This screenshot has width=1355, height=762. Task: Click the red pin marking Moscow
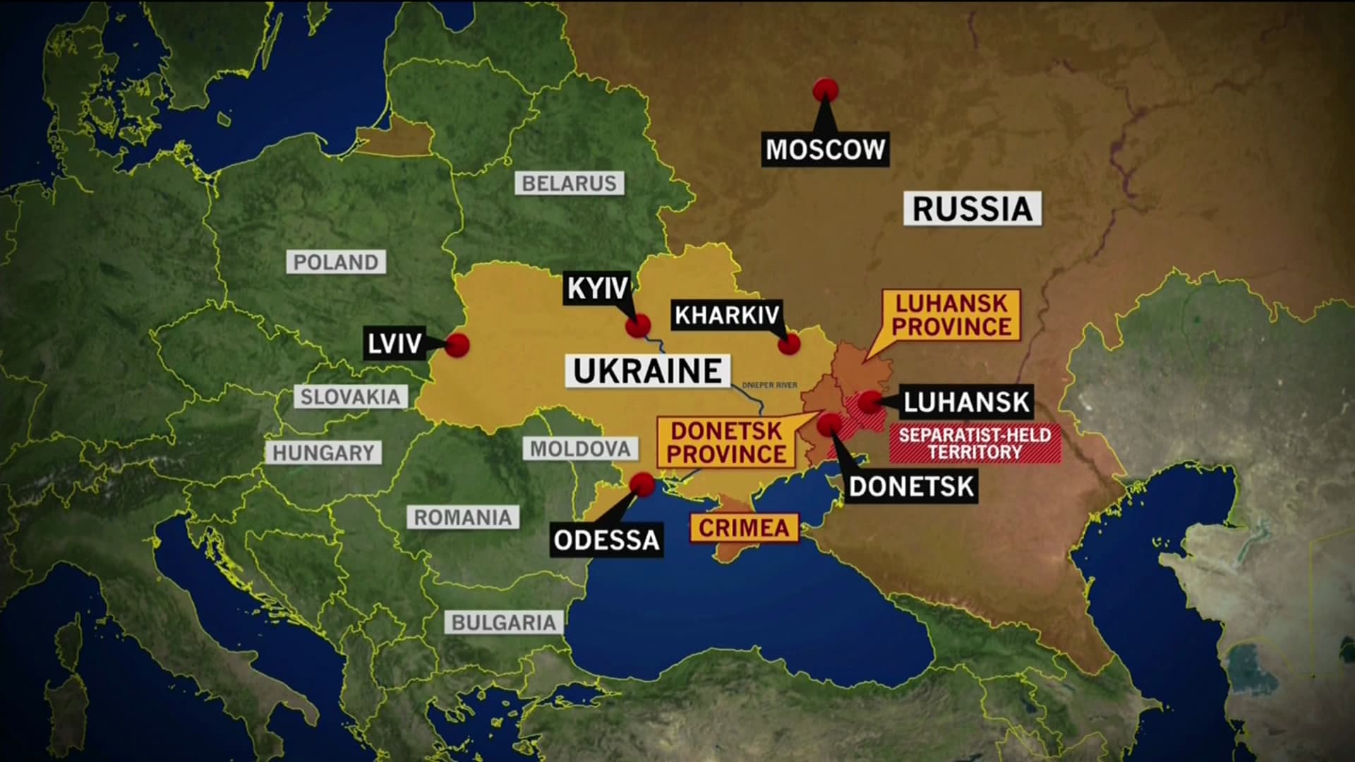(825, 90)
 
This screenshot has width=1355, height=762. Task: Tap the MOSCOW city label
(825, 150)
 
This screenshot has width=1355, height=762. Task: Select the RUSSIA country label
(972, 209)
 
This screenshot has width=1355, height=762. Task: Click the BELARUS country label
(569, 183)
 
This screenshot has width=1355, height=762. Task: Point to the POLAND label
(336, 262)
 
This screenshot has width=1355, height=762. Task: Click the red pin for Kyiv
(638, 326)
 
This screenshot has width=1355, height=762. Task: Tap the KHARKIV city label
(727, 315)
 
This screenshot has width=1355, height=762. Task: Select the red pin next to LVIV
(457, 345)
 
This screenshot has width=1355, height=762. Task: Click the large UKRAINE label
(647, 371)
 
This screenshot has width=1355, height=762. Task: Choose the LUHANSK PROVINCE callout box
(951, 315)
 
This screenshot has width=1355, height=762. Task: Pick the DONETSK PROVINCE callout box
(726, 442)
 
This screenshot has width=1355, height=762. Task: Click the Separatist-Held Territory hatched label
(975, 444)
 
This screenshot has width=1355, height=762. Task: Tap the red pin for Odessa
(642, 484)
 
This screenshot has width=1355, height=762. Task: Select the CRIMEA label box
(744, 528)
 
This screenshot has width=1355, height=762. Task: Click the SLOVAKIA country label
(350, 397)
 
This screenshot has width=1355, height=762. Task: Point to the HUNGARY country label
(323, 453)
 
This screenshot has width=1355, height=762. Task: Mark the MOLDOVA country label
(580, 449)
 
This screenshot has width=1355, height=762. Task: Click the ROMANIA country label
(462, 517)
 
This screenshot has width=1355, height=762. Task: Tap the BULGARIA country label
(503, 622)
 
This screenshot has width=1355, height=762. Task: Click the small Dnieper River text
(769, 385)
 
